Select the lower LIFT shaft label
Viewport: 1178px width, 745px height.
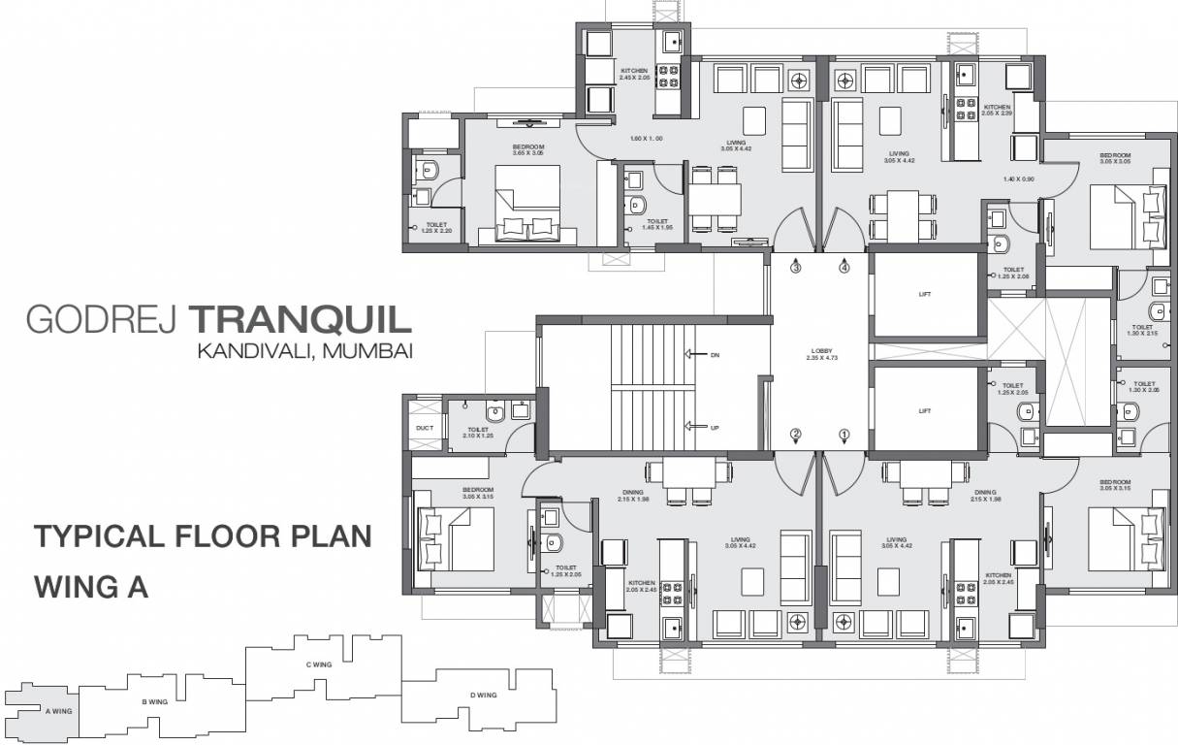tap(924, 410)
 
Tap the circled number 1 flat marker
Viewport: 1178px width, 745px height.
tap(844, 435)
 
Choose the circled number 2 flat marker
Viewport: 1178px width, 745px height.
tap(796, 435)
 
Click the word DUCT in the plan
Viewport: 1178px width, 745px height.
tap(425, 427)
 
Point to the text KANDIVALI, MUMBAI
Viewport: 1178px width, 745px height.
tap(305, 351)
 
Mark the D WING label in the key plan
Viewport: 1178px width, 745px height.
tap(483, 695)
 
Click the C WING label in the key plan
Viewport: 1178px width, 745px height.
tap(319, 664)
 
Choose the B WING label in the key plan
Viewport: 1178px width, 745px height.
tap(155, 700)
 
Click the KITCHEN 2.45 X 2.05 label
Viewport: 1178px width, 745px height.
tap(634, 74)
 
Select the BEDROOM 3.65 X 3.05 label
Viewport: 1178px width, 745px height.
tap(529, 150)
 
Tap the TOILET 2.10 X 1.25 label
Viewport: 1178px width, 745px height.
tap(478, 433)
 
